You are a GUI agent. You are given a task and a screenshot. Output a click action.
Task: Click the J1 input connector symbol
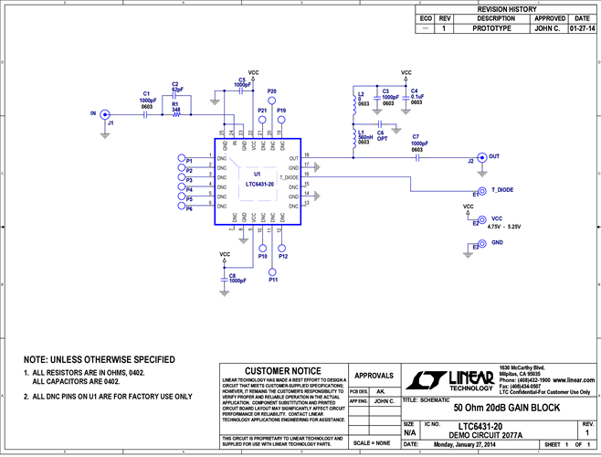(x=105, y=113)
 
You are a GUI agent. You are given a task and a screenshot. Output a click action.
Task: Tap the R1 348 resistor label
(x=175, y=106)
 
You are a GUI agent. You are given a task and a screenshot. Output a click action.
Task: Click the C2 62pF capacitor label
(x=176, y=88)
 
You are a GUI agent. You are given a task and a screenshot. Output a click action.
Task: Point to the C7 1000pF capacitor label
(x=419, y=143)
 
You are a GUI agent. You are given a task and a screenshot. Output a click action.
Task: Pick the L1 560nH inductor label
(x=364, y=137)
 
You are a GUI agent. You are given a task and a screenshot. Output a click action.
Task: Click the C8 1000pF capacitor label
(x=237, y=278)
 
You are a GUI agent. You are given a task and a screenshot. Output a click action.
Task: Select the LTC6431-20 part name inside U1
(x=259, y=184)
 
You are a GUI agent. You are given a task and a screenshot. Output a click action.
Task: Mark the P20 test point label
(x=271, y=91)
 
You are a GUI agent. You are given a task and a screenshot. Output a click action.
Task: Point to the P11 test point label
(x=272, y=279)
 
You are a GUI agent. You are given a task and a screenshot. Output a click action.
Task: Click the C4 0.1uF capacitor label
(x=416, y=97)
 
